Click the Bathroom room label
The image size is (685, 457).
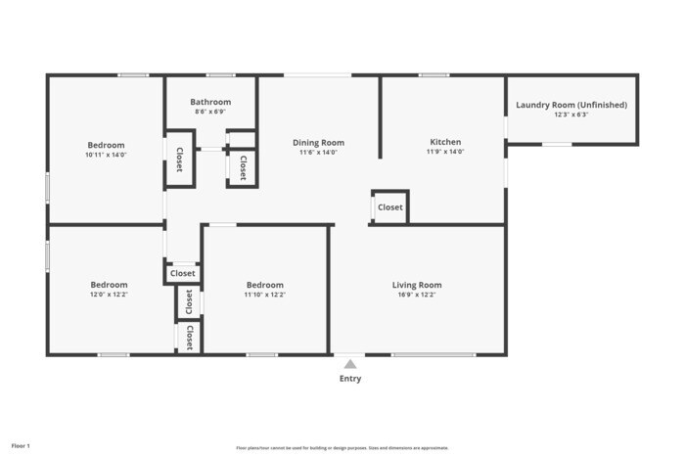point(210,102)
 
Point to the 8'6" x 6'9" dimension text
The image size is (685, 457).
point(210,112)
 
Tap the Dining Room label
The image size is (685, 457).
point(318,143)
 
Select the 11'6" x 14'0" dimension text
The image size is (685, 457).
point(318,153)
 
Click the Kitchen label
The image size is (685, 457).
point(445,142)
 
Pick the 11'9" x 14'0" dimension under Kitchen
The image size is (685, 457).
point(445,152)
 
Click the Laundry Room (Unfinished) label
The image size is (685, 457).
point(571,105)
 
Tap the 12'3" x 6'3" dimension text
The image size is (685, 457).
point(571,114)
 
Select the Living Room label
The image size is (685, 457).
point(417,285)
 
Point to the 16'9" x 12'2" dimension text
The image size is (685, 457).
point(417,295)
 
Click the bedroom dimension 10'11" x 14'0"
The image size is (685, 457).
point(106,155)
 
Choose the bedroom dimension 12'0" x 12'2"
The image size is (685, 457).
point(109,295)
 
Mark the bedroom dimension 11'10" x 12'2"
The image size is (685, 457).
point(264,295)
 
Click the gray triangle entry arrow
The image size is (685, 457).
point(350,364)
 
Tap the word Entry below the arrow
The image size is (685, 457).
point(350,379)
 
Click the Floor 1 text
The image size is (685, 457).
point(21,446)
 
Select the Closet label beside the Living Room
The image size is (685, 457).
point(390,207)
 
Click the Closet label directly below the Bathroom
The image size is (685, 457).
point(243,166)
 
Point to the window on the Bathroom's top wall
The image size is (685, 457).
point(220,75)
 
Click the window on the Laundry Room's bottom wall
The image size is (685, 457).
point(557,145)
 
